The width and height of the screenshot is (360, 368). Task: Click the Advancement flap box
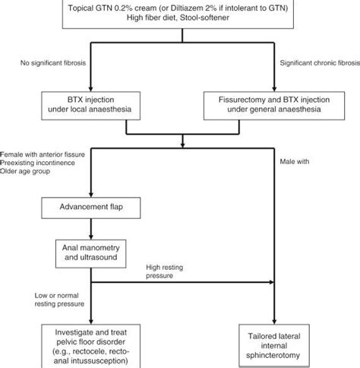pos(91,207)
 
